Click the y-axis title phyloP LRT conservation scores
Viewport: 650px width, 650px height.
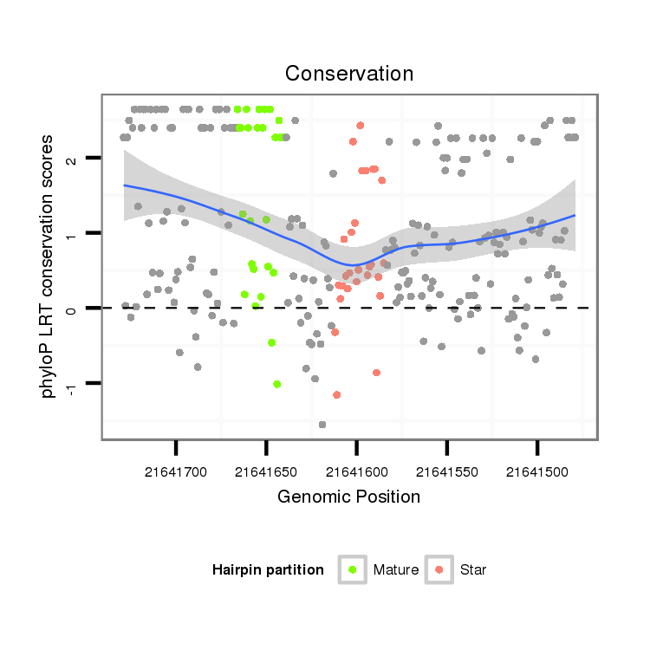49,265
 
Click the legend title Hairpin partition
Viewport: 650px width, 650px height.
268,570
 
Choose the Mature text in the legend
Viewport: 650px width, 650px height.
396,570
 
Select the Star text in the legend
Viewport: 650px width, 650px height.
474,570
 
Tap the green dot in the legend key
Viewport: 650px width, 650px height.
352,569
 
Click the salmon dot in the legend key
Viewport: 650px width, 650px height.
439,569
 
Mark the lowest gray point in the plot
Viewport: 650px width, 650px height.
322,425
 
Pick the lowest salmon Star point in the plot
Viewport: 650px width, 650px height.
336,395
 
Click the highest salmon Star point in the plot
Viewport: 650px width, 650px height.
360,126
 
